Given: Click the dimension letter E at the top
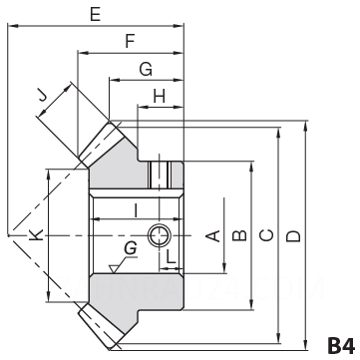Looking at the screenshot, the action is tap(96, 14).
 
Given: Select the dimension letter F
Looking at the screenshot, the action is tap(130, 42).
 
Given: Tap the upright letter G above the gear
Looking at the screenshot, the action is tap(146, 70).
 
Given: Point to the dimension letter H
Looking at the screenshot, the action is tap(160, 97).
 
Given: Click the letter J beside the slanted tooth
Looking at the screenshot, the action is tap(42, 96).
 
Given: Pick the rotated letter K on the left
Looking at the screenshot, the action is tap(36, 234).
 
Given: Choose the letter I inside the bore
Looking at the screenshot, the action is tap(136, 210).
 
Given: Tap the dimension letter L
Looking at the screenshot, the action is tap(171, 256).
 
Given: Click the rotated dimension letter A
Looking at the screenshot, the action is tap(212, 235).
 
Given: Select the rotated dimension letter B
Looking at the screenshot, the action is tap(239, 235).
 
